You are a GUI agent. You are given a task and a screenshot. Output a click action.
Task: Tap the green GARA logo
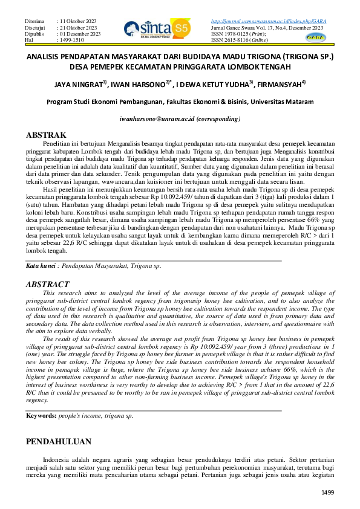click(332, 36)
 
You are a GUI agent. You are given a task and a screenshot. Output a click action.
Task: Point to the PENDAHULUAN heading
click(59, 441)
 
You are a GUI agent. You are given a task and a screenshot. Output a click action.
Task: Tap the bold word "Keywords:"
click(41, 417)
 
